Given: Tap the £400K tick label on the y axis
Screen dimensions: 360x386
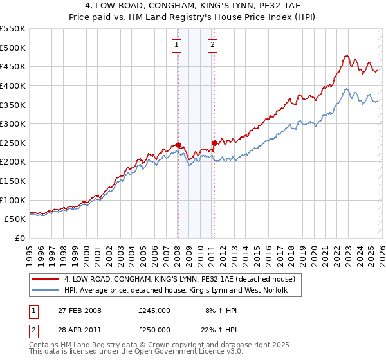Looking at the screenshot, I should (x=13, y=85).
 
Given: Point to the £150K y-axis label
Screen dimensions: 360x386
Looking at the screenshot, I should (x=13, y=181).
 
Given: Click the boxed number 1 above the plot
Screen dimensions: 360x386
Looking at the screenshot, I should (x=176, y=45).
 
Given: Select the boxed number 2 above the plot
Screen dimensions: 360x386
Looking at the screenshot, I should (x=212, y=45).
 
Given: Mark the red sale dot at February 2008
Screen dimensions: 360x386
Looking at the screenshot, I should (x=178, y=145).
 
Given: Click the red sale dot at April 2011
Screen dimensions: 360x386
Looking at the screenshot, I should (x=214, y=143).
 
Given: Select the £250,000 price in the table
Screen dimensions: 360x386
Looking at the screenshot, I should (x=154, y=329).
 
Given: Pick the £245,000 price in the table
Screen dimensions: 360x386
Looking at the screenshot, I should (x=154, y=310).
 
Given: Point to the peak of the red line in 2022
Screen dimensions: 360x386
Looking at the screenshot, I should (x=346, y=56).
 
